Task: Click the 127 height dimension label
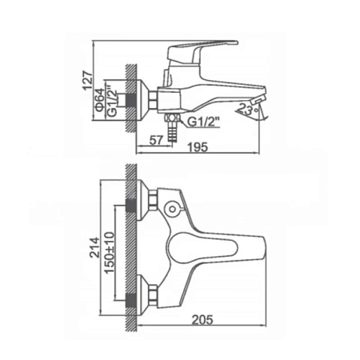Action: coord(88,81)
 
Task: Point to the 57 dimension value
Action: coord(156,140)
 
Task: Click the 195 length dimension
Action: coord(198,147)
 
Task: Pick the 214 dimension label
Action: coord(94,247)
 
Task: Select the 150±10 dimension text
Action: coord(110,253)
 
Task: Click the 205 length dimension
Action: coord(203,319)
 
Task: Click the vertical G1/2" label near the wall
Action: coord(113,99)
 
